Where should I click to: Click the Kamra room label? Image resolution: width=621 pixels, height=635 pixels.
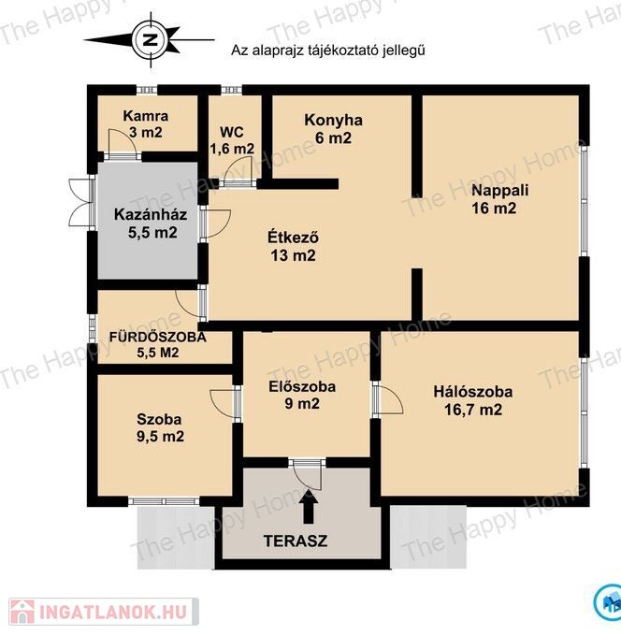coord(145,124)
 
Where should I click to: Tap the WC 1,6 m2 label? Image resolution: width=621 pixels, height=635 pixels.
coord(232,140)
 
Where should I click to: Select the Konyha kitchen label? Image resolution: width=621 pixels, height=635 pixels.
coord(333,129)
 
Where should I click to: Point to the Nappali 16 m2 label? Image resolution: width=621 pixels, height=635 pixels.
coord(499,199)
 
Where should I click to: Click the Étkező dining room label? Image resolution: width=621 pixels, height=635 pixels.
coord(293,246)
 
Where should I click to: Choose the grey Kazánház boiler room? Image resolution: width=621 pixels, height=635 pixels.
coord(148,221)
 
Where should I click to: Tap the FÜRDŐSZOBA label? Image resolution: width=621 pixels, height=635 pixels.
coord(157,337)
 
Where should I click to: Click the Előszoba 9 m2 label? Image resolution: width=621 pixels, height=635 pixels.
coord(302,395)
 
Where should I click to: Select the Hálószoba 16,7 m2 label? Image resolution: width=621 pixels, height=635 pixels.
coord(473,400)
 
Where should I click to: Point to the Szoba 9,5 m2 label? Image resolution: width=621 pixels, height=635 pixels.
coord(160,427)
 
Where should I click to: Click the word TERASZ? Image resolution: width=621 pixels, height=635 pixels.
coord(296,541)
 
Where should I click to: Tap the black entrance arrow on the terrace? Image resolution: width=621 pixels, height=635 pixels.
coord(309,506)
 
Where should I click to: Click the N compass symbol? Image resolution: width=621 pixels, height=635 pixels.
coord(151,40)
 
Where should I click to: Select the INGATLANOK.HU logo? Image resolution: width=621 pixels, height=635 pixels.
coord(104,611)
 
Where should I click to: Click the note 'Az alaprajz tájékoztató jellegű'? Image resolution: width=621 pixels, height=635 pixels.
coord(327,51)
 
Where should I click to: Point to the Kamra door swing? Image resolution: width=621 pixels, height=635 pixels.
coord(120,142)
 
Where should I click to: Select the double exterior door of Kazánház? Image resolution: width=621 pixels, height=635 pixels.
coord(81,203)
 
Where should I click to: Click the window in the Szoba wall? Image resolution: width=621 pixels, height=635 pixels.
coord(164,501)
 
